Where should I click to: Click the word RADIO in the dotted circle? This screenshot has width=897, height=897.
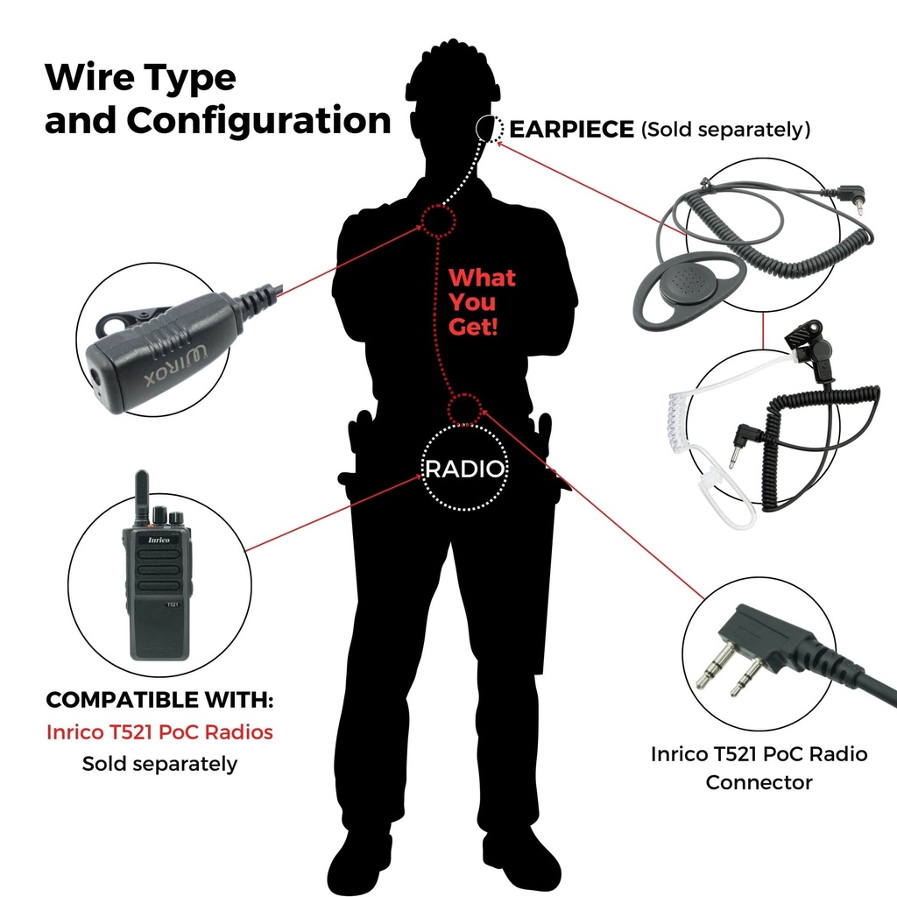click(464, 470)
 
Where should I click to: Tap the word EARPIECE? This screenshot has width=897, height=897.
click(571, 130)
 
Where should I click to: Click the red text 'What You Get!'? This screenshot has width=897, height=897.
click(482, 302)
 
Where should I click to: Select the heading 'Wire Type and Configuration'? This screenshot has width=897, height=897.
click(217, 99)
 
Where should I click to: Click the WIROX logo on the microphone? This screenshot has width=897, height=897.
click(175, 365)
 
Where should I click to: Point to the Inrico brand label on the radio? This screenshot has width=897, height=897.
click(159, 540)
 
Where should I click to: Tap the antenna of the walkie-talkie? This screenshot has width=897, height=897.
click(141, 498)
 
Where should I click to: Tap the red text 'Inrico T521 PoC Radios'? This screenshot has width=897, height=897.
click(159, 732)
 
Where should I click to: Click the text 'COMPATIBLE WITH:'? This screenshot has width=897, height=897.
click(159, 700)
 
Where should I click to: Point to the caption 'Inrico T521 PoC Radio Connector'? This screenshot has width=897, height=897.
click(759, 767)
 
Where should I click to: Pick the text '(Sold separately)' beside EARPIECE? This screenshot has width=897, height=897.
click(725, 130)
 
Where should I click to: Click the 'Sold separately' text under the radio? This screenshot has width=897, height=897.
click(159, 764)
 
